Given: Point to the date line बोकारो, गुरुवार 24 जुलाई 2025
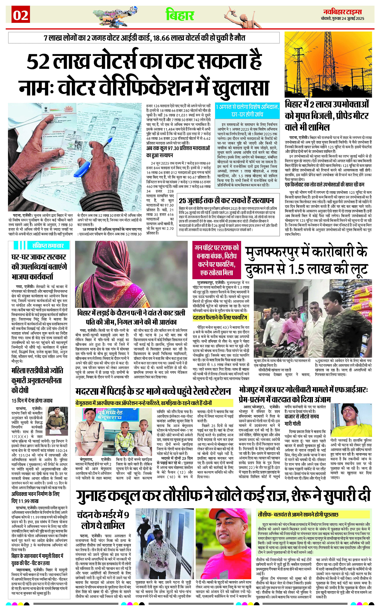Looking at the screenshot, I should pyautogui.click(x=342, y=18).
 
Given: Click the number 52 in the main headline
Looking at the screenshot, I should pyautogui.click(x=38, y=62).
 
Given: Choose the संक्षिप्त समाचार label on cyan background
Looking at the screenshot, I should pyautogui.click(x=48, y=245).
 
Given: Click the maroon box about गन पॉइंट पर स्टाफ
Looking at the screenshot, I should pyautogui.click(x=216, y=260).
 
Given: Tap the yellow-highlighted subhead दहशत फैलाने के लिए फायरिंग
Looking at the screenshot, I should pyautogui.click(x=220, y=317).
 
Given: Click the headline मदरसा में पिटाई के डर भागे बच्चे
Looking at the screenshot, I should pyautogui.click(x=153, y=391).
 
